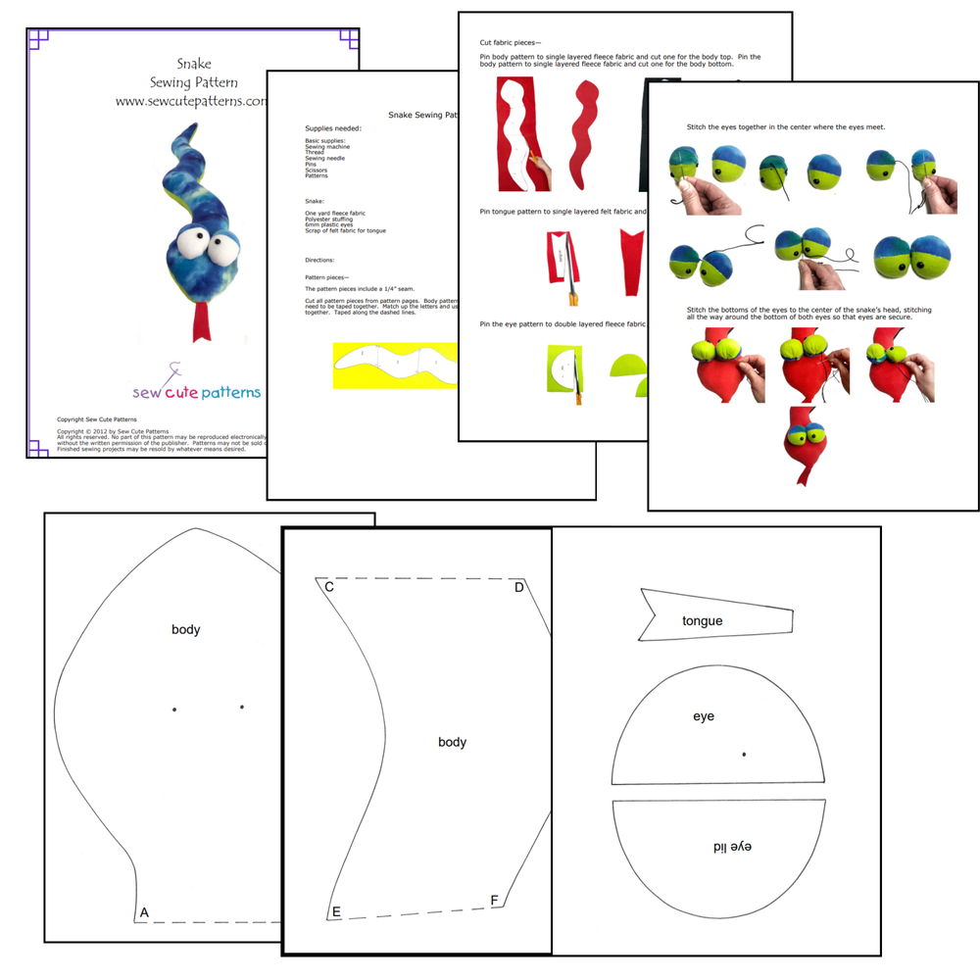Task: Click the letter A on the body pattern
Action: pyautogui.click(x=144, y=912)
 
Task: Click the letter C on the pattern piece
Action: pyautogui.click(x=329, y=587)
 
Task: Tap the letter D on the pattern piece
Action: pyautogui.click(x=519, y=587)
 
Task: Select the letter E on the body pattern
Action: pyautogui.click(x=336, y=912)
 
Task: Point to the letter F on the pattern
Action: pyautogui.click(x=494, y=901)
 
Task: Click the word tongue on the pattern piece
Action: pyautogui.click(x=702, y=621)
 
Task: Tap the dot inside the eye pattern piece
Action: pyautogui.click(x=744, y=754)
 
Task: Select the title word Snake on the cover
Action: pyautogui.click(x=193, y=65)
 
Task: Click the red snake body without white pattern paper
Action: pyautogui.click(x=585, y=136)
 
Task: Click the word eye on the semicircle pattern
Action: pyautogui.click(x=704, y=716)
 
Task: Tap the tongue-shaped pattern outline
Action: pyautogui.click(x=715, y=615)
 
